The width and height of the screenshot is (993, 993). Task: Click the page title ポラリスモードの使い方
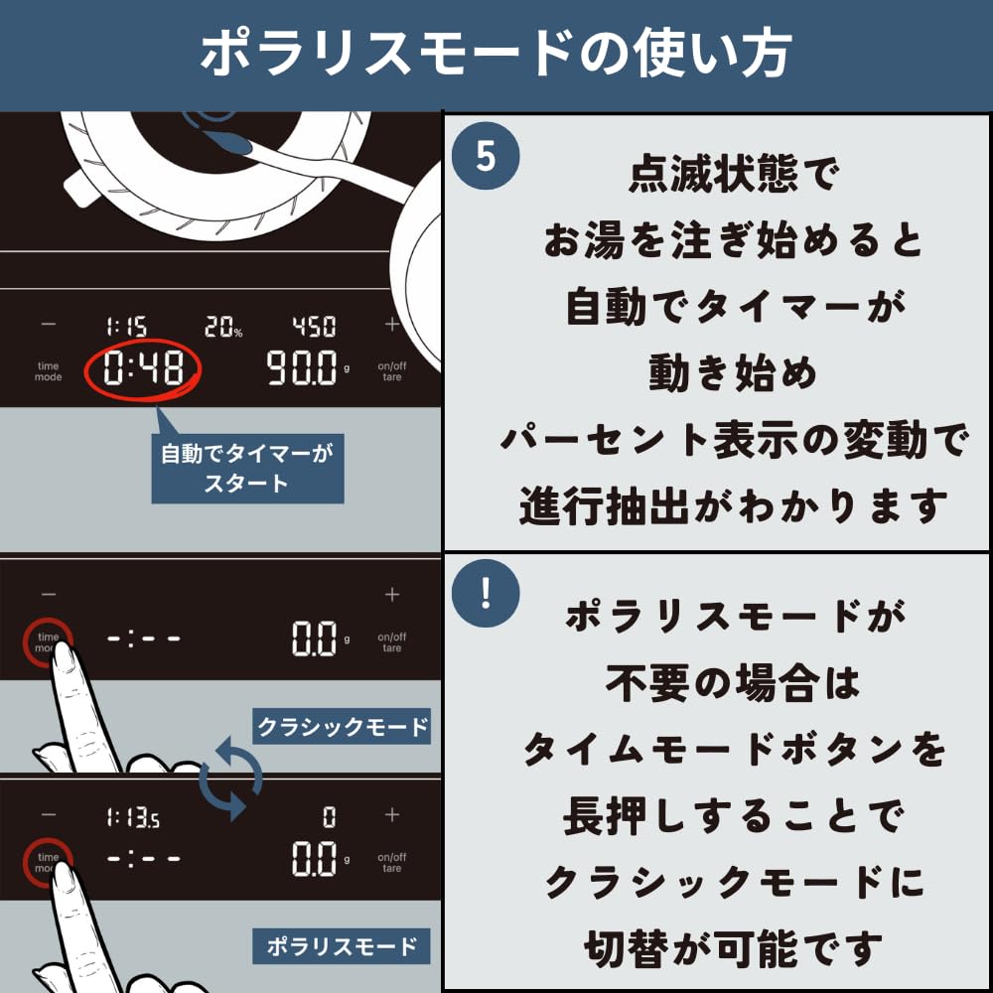496,54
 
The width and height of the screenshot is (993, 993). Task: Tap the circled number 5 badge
486,155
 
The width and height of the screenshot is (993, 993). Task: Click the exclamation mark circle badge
486,594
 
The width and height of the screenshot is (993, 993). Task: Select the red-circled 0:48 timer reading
143,368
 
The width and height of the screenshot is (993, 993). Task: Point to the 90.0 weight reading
302,368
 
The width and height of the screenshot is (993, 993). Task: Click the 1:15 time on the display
127,327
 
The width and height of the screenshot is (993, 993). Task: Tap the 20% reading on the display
223,327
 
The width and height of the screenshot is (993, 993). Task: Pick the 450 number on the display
314,327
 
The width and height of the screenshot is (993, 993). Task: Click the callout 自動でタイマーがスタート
247,468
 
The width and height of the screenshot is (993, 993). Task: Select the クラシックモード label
342,726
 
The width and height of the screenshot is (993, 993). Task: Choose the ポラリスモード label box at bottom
342,946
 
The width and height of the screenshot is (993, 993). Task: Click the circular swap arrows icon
230,779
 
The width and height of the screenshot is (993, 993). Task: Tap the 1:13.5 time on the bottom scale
133,818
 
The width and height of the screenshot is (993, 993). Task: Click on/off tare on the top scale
392,371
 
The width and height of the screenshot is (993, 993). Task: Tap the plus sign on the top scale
392,325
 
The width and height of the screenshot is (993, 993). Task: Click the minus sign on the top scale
48,325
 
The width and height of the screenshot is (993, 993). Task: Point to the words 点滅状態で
734,174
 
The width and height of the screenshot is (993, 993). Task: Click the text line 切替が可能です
734,948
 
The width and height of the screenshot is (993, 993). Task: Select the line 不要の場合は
734,683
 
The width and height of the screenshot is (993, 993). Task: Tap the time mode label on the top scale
48,371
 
